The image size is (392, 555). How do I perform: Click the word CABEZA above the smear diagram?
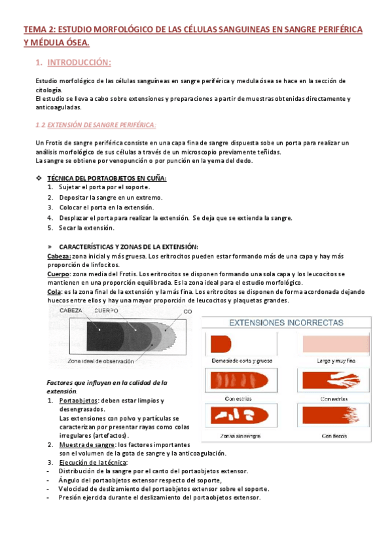point(72,310)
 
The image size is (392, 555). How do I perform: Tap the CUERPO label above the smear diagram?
point(106,310)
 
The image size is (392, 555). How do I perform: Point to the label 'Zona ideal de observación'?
point(101,361)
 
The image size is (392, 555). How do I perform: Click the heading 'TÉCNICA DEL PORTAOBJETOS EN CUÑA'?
point(107,178)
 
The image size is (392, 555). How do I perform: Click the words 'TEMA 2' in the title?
point(38,29)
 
